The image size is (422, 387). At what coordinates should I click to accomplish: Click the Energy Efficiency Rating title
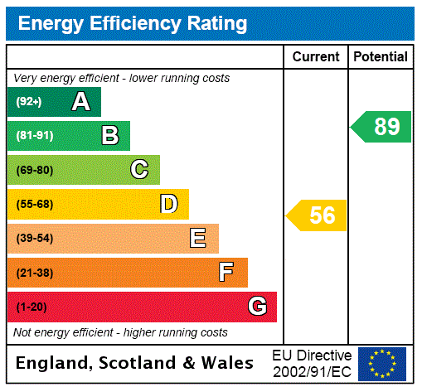coord(133,23)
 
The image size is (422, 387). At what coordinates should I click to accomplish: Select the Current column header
coord(316,56)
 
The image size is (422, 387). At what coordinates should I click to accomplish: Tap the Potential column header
coord(381,56)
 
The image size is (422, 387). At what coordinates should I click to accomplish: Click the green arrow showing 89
coord(382,127)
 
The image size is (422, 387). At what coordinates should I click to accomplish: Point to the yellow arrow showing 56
coord(318,215)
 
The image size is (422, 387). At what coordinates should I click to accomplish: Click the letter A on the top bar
coord(80,102)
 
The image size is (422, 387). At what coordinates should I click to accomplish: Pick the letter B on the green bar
coord(109,136)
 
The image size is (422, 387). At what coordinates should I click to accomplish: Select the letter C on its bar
coord(139,170)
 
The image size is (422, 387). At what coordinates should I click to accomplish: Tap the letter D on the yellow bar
coord(168,204)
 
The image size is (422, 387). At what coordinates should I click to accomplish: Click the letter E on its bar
coord(198,239)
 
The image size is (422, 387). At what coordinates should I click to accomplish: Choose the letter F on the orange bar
coord(226,272)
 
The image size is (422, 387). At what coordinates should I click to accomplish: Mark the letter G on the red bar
coord(257,307)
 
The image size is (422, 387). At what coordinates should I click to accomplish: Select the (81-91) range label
coord(34,136)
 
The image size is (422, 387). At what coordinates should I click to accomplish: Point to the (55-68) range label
coord(34,204)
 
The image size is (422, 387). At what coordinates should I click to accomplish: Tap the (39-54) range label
coord(34,239)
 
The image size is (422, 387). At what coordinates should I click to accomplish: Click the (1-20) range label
coord(32,307)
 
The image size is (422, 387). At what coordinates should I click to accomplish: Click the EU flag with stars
coord(382,364)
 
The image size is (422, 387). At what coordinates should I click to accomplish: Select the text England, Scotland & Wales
coord(135,363)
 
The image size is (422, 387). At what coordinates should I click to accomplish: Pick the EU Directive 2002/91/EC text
coord(312,363)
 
